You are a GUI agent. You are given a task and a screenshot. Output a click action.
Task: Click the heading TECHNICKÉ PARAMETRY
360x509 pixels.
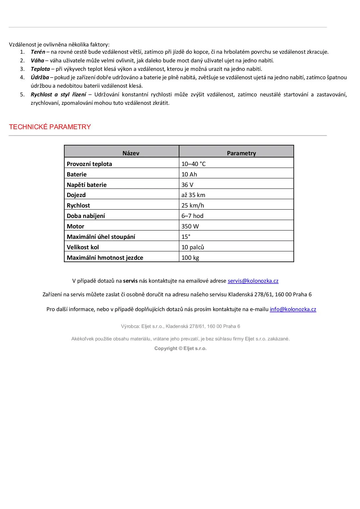[x=50, y=127]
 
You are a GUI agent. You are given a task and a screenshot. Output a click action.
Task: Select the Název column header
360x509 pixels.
[x=131, y=153]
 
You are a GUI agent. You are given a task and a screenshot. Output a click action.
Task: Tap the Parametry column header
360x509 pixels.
[x=241, y=153]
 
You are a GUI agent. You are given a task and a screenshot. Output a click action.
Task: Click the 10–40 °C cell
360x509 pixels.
[x=193, y=164]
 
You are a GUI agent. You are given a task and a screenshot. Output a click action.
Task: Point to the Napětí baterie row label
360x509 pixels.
[x=87, y=185]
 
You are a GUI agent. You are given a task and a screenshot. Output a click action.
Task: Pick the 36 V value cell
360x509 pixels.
[x=187, y=185]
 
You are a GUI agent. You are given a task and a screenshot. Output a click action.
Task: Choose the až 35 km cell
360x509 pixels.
[x=193, y=195]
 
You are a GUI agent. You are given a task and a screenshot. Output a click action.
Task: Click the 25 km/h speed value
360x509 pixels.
[x=192, y=205]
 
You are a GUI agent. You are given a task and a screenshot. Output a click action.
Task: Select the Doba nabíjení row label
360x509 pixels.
[x=86, y=216]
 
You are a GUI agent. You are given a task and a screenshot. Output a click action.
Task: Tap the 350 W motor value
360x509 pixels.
[x=190, y=226]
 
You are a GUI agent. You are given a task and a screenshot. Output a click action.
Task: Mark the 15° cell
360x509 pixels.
[x=186, y=237]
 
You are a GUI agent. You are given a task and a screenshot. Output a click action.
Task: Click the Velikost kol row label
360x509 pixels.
[x=83, y=247]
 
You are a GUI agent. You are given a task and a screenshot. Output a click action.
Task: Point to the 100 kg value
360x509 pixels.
[x=190, y=258]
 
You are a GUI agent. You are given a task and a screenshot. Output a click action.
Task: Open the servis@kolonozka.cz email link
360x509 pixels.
[x=253, y=281]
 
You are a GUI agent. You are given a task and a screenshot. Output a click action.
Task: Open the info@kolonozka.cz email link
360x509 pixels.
[x=293, y=309]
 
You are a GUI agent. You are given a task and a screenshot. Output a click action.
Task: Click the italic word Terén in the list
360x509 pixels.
[x=38, y=52]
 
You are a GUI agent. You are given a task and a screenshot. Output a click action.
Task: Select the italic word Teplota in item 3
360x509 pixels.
[x=40, y=69]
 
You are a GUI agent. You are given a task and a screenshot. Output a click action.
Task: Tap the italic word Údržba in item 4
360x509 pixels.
[x=40, y=77]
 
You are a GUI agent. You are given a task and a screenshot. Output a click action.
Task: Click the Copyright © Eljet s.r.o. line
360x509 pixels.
[x=180, y=348]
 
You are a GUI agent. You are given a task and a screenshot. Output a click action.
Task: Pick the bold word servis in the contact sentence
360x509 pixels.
[x=130, y=281]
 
